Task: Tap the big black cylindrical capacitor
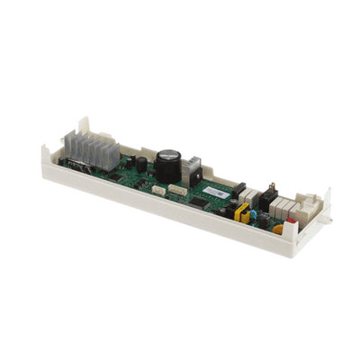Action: point(167,165)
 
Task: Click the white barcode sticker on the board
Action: point(215,191)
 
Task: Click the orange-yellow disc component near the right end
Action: point(278,228)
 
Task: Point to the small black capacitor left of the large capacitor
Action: point(141,164)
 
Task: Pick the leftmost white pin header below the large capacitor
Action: point(157,189)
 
